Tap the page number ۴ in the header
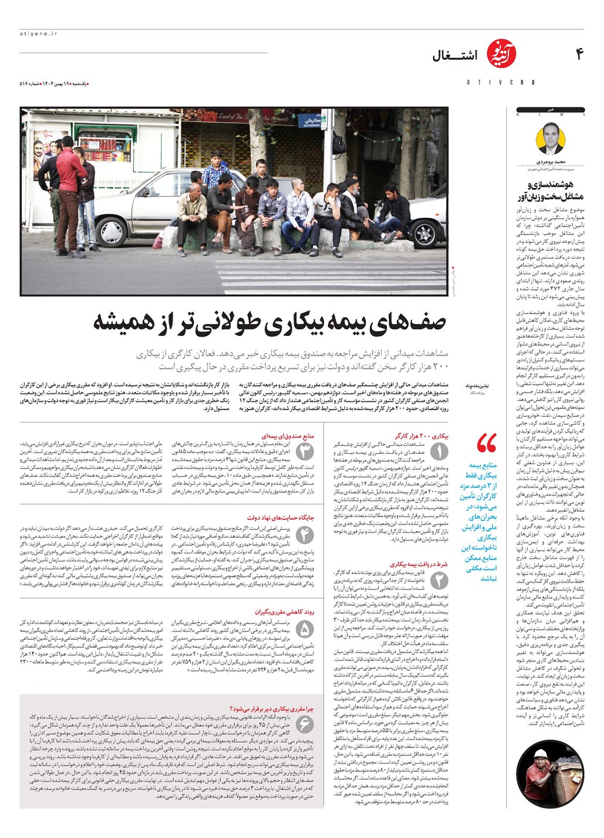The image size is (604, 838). pyautogui.click(x=579, y=55)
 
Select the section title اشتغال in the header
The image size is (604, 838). pyautogui.click(x=454, y=56)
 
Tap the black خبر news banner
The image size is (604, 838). pyautogui.click(x=550, y=110)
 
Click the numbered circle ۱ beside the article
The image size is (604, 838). pyautogui.click(x=439, y=451)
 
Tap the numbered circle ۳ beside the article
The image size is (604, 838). pyautogui.click(x=305, y=451)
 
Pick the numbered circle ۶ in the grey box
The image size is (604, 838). pyautogui.click(x=305, y=724)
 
